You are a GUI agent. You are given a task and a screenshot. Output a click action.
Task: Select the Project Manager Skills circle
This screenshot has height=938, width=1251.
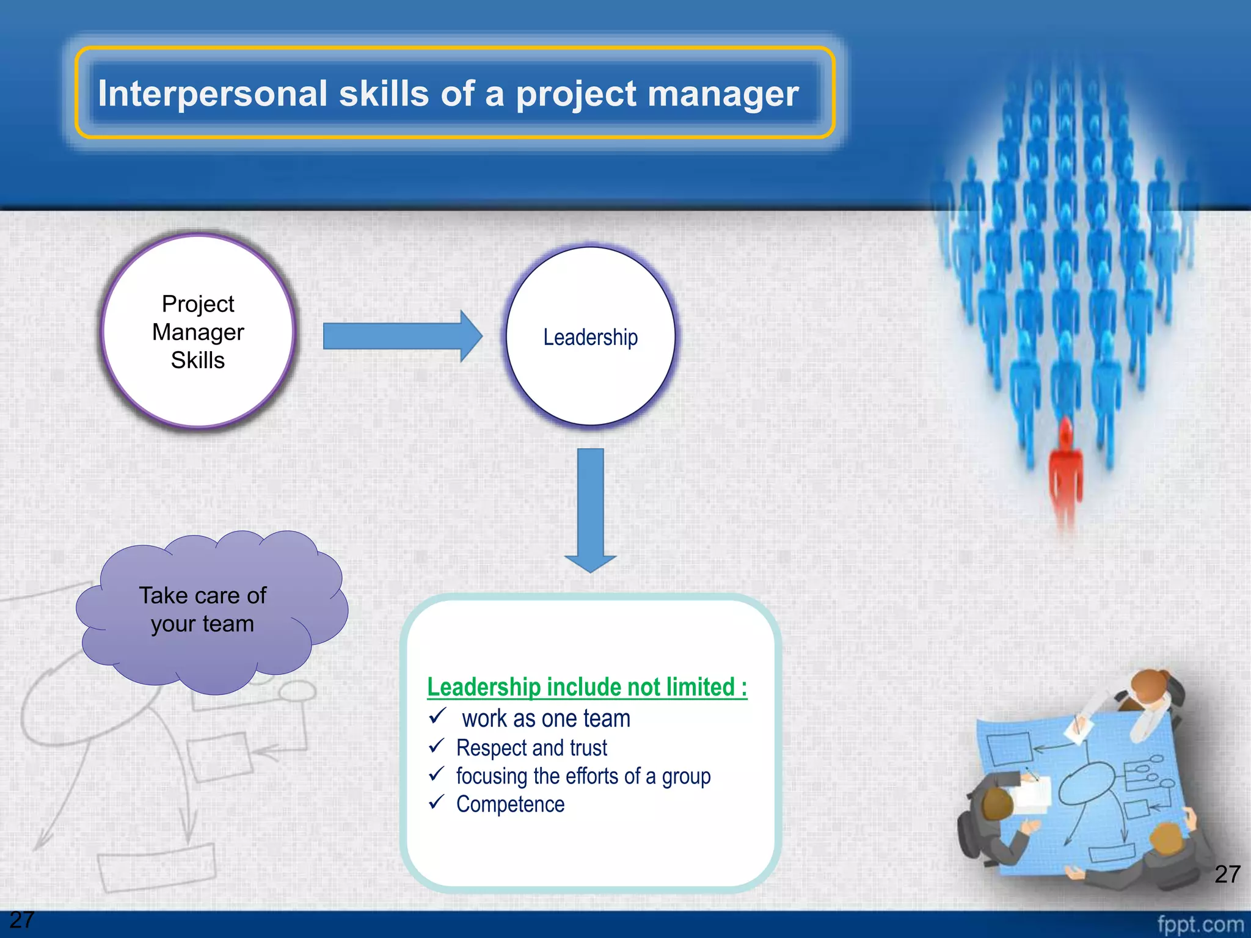point(198,332)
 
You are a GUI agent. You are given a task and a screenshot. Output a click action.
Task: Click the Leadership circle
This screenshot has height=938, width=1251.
point(590,336)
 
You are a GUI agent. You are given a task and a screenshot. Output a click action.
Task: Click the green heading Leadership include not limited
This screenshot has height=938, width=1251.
point(586,687)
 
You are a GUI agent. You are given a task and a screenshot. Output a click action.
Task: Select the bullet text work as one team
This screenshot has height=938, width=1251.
point(545,719)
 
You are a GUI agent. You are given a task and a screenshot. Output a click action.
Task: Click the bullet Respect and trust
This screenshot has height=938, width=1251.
point(531,748)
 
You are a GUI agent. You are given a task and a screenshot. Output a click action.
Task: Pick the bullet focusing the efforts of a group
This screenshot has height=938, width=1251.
point(583,776)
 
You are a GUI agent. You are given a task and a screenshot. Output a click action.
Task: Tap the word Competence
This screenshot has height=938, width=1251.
point(510,804)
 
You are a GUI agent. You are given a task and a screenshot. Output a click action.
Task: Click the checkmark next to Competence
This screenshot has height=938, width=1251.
point(436,802)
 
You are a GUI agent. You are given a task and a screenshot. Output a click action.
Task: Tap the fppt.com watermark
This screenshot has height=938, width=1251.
point(1200,924)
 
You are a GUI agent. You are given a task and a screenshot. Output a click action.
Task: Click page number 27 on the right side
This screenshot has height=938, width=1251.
point(1227,874)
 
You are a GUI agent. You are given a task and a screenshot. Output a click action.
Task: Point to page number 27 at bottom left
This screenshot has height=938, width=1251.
point(22,920)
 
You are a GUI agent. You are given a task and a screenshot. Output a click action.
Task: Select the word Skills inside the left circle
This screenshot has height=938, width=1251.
point(197,360)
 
